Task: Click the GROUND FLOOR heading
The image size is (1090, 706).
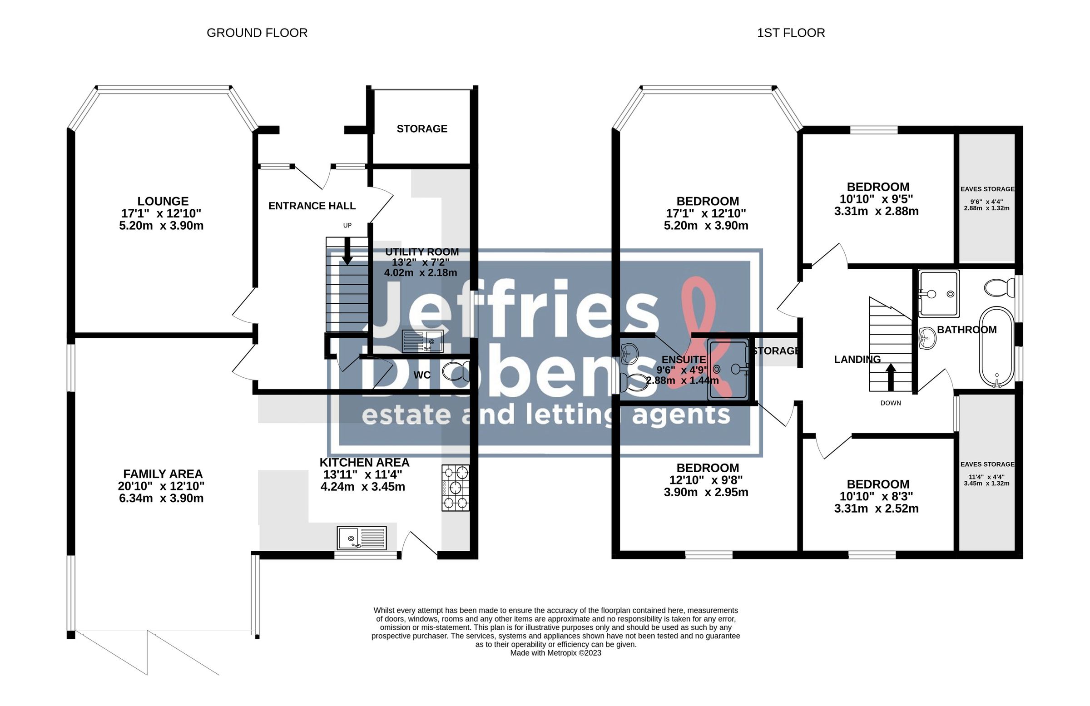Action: (x=257, y=33)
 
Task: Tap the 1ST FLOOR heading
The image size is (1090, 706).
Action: (x=791, y=33)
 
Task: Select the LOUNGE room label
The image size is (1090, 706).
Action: (x=163, y=201)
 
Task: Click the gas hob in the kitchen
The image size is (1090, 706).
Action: (x=455, y=488)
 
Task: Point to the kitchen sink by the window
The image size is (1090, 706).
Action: (x=362, y=538)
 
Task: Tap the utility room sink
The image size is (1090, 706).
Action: (x=422, y=341)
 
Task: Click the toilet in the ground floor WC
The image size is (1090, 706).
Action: (x=456, y=371)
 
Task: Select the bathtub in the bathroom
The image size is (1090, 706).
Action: (x=996, y=347)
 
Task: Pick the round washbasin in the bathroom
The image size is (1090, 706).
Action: (x=928, y=338)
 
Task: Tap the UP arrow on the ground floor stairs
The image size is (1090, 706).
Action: (x=347, y=251)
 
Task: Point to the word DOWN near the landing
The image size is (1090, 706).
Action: (x=890, y=403)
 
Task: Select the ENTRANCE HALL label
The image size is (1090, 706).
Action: (x=312, y=206)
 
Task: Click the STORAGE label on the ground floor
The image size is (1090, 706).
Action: (x=422, y=128)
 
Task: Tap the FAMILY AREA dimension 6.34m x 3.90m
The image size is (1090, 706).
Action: (x=161, y=498)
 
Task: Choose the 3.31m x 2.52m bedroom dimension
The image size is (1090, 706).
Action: (x=876, y=508)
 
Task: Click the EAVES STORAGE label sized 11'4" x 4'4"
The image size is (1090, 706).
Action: (x=987, y=464)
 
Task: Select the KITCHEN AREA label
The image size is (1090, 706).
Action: (x=365, y=463)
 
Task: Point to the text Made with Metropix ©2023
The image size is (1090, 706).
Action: (x=555, y=653)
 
